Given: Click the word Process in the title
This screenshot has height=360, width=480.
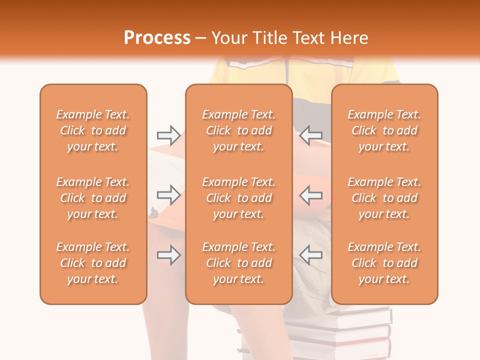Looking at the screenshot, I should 157,38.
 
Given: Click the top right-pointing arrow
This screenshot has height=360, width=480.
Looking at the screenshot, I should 169,135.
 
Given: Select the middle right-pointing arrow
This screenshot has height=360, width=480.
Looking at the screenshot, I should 169,195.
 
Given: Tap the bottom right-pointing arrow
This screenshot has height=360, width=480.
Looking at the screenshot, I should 169,255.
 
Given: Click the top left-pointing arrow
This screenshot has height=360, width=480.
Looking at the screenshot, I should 311,135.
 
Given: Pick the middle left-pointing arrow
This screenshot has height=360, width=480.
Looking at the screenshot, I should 311,195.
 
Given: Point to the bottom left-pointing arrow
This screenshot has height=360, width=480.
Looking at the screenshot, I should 311,255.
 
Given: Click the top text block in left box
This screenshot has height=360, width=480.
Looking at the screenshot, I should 93,130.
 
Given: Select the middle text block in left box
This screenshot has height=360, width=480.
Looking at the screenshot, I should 93,198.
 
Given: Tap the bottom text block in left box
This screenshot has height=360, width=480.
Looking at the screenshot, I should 93,263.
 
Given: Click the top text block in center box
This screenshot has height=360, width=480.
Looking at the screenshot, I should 239,130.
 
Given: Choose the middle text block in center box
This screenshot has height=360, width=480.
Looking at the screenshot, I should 239,198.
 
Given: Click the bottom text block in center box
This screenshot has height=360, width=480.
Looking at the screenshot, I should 239,263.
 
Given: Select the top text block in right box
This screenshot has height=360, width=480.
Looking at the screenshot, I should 384,130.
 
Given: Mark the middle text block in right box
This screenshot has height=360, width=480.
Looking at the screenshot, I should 384,198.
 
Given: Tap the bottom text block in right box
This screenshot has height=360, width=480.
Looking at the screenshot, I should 384,263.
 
